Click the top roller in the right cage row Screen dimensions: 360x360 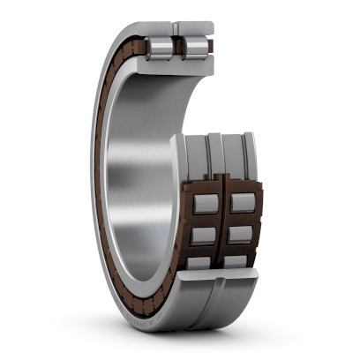pos(242,203)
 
